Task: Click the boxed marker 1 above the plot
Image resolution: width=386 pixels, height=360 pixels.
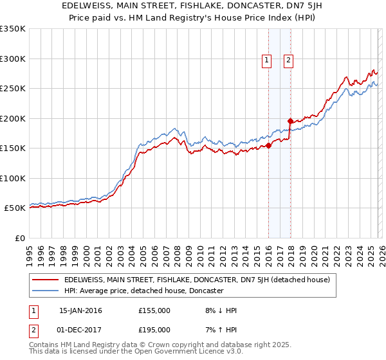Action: [267, 60]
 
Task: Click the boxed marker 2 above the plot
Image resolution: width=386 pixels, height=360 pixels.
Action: [288, 60]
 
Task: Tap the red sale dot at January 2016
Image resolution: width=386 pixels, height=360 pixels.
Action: [268, 145]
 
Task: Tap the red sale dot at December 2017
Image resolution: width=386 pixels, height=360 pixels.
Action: [290, 121]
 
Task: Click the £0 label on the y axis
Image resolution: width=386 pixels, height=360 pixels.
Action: [19, 238]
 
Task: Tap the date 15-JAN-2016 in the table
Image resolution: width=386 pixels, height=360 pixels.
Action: [80, 310]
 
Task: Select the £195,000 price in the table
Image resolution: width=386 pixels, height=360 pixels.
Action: [154, 329]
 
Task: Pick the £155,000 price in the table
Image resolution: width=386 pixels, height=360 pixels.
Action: [154, 310]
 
